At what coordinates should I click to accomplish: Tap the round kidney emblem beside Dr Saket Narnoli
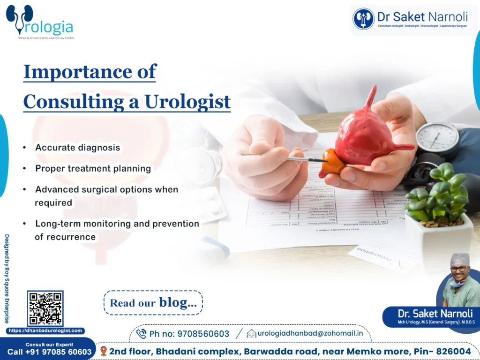pyautogui.click(x=363, y=19)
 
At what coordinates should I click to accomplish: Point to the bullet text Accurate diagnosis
pyautogui.click(x=77, y=148)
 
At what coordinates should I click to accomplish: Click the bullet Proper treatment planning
pyautogui.click(x=93, y=168)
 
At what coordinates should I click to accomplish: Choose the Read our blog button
pyautogui.click(x=153, y=303)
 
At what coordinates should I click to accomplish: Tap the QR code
pyautogui.click(x=45, y=308)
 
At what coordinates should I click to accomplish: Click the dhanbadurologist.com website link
pyautogui.click(x=45, y=330)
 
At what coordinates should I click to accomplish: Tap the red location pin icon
pyautogui.click(x=104, y=351)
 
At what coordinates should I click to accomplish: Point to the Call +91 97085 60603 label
pyautogui.click(x=49, y=352)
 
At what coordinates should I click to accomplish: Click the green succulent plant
pyautogui.click(x=438, y=192)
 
